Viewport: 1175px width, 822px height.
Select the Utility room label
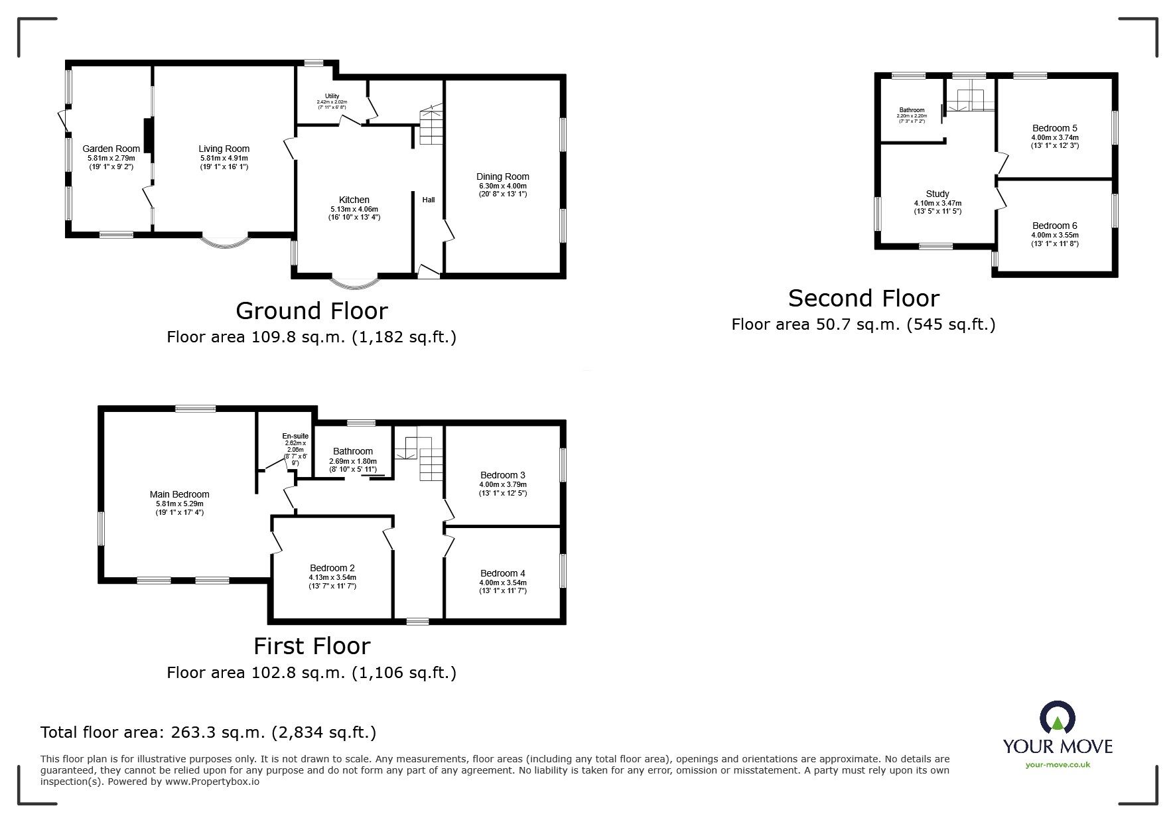coord(332,96)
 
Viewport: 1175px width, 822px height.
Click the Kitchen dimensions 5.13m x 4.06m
coord(354,209)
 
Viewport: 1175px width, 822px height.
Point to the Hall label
coord(429,200)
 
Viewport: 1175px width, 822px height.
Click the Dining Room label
coord(502,176)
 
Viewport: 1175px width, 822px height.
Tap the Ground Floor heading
coord(311,310)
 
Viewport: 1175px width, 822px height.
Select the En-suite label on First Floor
coord(295,436)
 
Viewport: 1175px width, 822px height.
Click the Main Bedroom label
coord(179,494)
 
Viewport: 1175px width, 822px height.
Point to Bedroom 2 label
coord(332,568)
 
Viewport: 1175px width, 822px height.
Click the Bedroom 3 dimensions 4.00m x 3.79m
coord(502,484)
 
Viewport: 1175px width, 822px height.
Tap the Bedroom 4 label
coord(502,573)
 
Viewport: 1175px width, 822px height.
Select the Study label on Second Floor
coord(937,194)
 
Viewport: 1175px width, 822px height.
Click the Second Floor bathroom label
coord(912,110)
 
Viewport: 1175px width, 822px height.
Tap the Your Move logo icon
coord(1057,719)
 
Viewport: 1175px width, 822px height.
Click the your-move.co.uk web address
coord(1058,764)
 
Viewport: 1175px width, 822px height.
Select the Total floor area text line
coord(208,732)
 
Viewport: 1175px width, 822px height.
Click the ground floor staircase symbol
coord(431,126)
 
